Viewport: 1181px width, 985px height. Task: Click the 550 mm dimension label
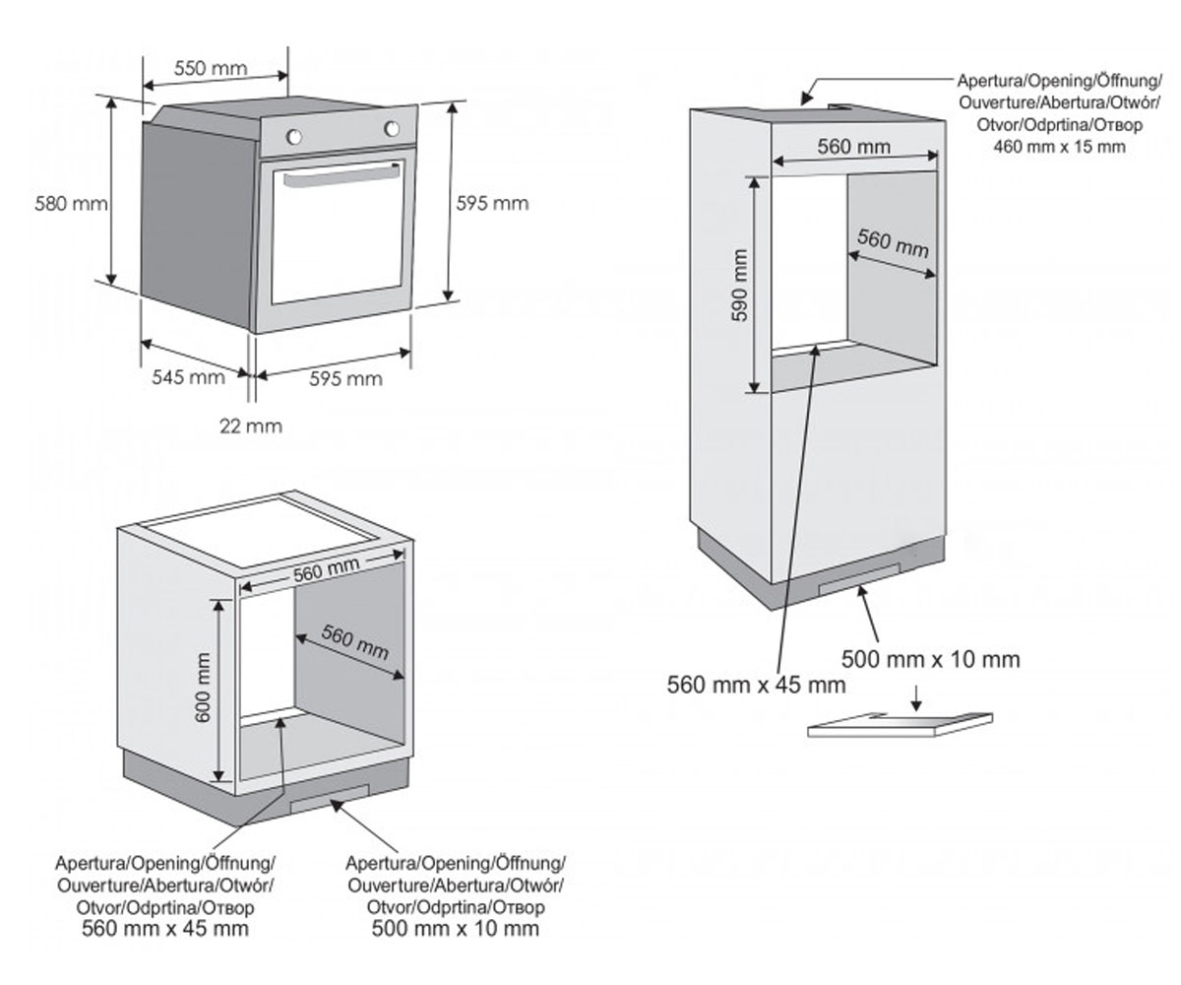point(211,69)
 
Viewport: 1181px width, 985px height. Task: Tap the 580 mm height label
point(71,203)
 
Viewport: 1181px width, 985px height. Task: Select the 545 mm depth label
point(188,377)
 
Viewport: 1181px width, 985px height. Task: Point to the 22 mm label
point(251,426)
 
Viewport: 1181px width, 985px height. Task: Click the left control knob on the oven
point(293,137)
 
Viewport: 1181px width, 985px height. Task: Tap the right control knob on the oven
point(392,128)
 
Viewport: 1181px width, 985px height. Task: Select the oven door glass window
point(338,232)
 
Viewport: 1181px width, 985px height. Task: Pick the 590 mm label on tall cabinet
point(739,285)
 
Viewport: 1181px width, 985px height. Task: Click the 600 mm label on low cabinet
point(202,688)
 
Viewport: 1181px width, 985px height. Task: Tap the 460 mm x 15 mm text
point(1059,147)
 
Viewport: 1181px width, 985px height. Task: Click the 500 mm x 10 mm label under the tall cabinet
point(930,660)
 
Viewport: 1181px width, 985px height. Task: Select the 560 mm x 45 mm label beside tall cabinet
point(756,685)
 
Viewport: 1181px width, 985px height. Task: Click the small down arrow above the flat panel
point(916,699)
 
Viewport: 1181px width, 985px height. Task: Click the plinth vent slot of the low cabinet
point(329,799)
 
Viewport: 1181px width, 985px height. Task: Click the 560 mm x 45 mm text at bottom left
point(165,929)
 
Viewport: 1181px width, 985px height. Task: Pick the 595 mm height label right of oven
point(493,203)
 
